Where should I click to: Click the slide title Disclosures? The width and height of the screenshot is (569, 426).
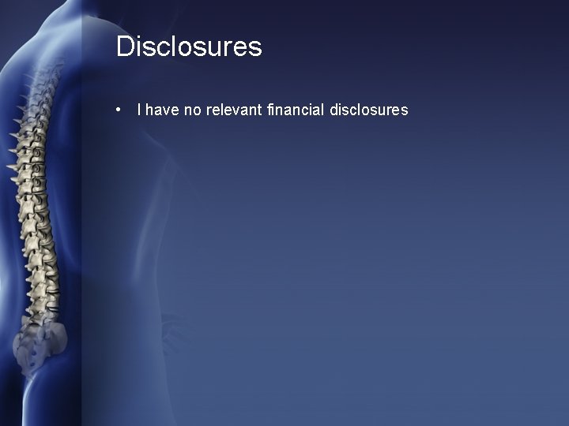pyautogui.click(x=189, y=47)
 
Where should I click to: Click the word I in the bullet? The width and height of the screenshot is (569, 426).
pyautogui.click(x=139, y=110)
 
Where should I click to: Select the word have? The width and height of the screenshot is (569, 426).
pyautogui.click(x=162, y=110)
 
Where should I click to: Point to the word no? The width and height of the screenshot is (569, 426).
pyautogui.click(x=192, y=110)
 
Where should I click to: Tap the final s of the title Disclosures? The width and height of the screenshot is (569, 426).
pyautogui.click(x=254, y=48)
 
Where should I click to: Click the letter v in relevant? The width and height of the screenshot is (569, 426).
pyautogui.click(x=246, y=111)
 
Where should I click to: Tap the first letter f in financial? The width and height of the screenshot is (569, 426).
pyautogui.click(x=270, y=110)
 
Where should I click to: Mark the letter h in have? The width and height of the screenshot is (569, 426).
pyautogui.click(x=149, y=110)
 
